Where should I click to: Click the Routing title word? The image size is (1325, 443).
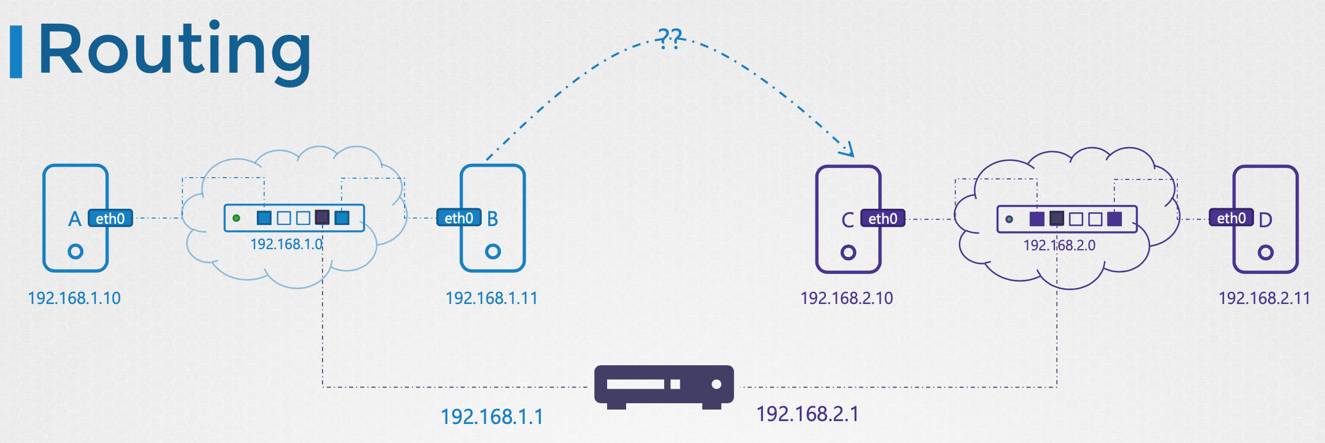click(x=174, y=51)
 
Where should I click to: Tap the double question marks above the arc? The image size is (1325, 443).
click(x=669, y=38)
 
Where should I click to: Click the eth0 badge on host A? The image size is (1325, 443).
click(x=110, y=218)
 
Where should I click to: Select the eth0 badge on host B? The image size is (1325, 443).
click(x=459, y=217)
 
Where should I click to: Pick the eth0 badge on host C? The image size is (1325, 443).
click(x=882, y=218)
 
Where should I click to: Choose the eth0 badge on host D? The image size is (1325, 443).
click(x=1231, y=217)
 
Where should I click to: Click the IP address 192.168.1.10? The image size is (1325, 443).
click(x=74, y=298)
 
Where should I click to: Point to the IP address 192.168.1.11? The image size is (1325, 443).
click(x=492, y=298)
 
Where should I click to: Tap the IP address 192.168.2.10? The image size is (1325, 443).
click(x=847, y=298)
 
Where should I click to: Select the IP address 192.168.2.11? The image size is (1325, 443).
click(x=1264, y=298)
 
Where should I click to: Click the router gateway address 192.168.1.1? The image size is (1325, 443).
click(x=492, y=416)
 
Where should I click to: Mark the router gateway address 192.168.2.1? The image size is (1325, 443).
click(x=807, y=414)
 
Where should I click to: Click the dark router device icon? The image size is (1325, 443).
click(x=664, y=385)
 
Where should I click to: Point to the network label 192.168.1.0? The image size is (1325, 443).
click(x=286, y=244)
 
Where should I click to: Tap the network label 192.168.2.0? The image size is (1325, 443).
click(x=1059, y=245)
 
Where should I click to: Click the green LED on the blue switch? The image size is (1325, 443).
click(x=236, y=218)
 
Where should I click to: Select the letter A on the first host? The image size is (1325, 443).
click(x=74, y=219)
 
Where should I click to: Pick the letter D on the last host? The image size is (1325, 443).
click(x=1265, y=220)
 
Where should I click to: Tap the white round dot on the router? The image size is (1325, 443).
click(x=716, y=384)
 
